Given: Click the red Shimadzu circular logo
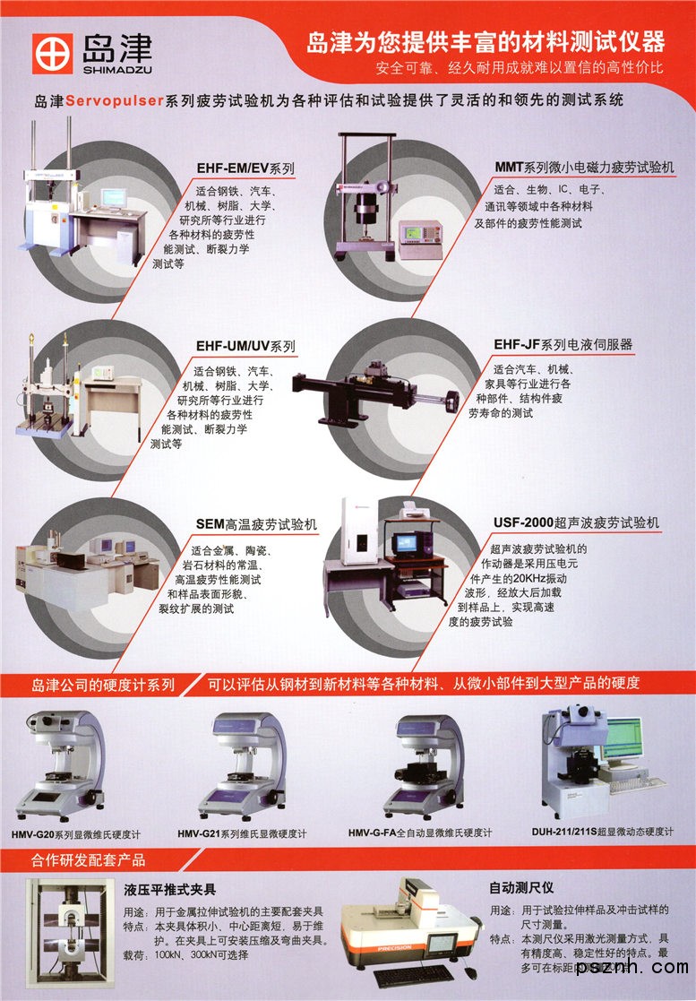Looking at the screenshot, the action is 53,54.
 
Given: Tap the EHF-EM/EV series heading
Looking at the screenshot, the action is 245,168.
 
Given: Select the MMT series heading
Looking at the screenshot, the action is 584,168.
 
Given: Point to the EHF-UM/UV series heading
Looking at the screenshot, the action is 245,347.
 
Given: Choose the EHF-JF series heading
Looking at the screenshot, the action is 563,345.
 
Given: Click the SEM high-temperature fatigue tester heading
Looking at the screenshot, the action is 256,525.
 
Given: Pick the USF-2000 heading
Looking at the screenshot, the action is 576,522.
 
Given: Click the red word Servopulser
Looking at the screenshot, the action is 115,101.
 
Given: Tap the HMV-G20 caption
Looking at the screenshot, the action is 76,834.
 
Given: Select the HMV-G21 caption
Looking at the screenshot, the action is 242,833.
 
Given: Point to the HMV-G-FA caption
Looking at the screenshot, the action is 420,833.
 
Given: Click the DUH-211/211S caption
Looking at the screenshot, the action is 602,832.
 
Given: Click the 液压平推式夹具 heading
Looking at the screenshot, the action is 169,890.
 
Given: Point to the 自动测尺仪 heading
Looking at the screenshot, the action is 521,887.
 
